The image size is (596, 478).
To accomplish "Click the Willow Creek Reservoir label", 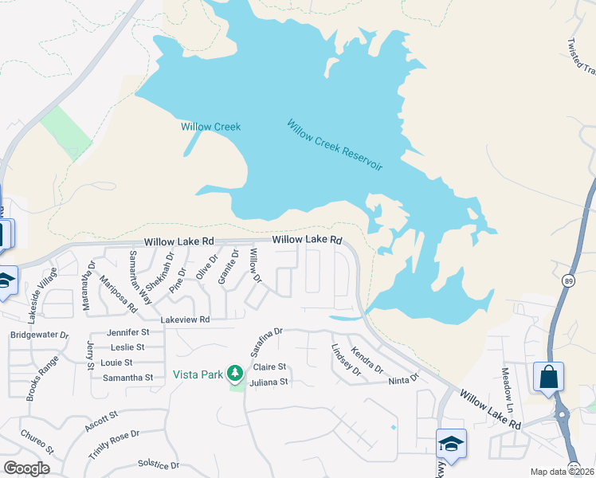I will tap(335, 145).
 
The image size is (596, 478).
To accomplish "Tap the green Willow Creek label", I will tap(210, 127).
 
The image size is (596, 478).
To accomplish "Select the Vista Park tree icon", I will tap(234, 372).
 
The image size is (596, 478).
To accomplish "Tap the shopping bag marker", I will tap(549, 376).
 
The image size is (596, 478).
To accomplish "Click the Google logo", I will tap(27, 468).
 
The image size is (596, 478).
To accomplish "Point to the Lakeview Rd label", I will tap(185, 319).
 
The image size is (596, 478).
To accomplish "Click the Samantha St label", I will tap(122, 377).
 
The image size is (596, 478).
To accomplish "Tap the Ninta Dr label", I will tap(403, 380).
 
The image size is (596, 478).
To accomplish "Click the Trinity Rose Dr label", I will tap(114, 445).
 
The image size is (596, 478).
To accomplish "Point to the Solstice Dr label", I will tap(159, 464).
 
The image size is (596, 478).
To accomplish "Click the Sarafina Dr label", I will tap(266, 341).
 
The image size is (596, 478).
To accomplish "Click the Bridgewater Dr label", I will tap(39, 335).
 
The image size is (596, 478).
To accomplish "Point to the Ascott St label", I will tap(100, 422).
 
